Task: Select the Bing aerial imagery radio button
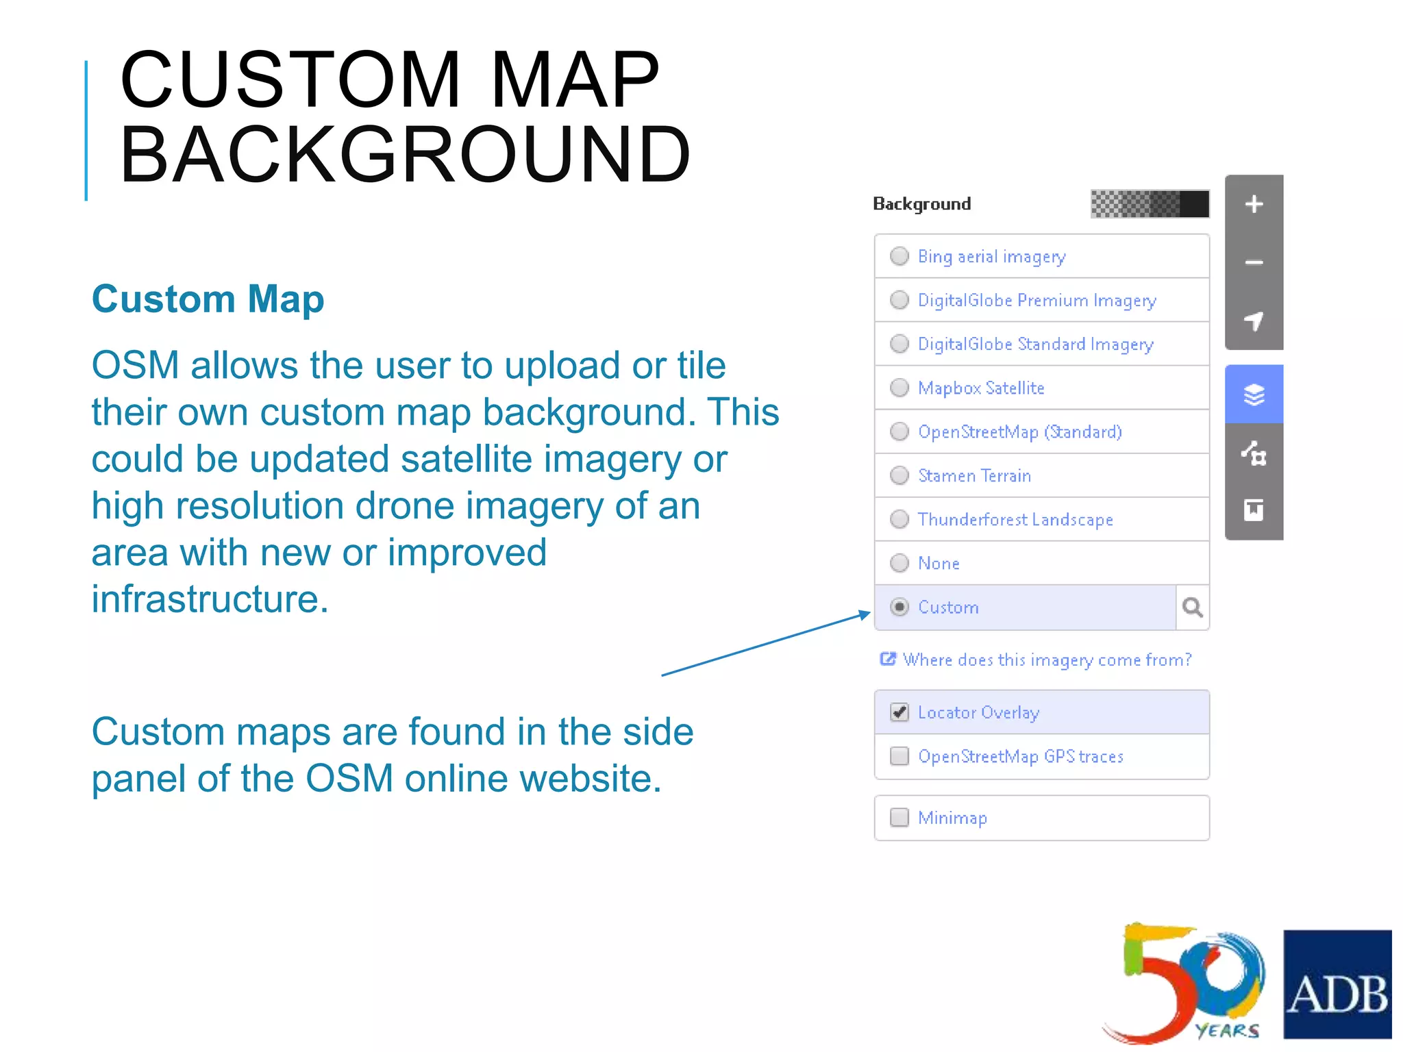click(x=899, y=256)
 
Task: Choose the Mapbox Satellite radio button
click(x=899, y=388)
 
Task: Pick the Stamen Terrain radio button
click(x=899, y=475)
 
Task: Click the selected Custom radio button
click(x=899, y=607)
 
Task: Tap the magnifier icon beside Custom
click(x=1192, y=608)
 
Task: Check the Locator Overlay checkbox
click(x=899, y=712)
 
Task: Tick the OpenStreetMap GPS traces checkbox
click(x=899, y=756)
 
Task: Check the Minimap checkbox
click(x=899, y=817)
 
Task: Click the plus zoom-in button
click(x=1254, y=204)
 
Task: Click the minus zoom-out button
click(x=1254, y=262)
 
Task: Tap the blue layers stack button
click(x=1254, y=394)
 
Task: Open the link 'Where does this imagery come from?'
click(x=1046, y=660)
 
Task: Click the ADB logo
click(x=1337, y=984)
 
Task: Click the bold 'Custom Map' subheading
click(x=208, y=299)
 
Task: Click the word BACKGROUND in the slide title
click(x=405, y=155)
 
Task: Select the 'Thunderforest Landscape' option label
click(x=1015, y=519)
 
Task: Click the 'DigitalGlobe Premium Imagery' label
click(x=1036, y=300)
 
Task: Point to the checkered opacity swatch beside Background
click(x=1149, y=204)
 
